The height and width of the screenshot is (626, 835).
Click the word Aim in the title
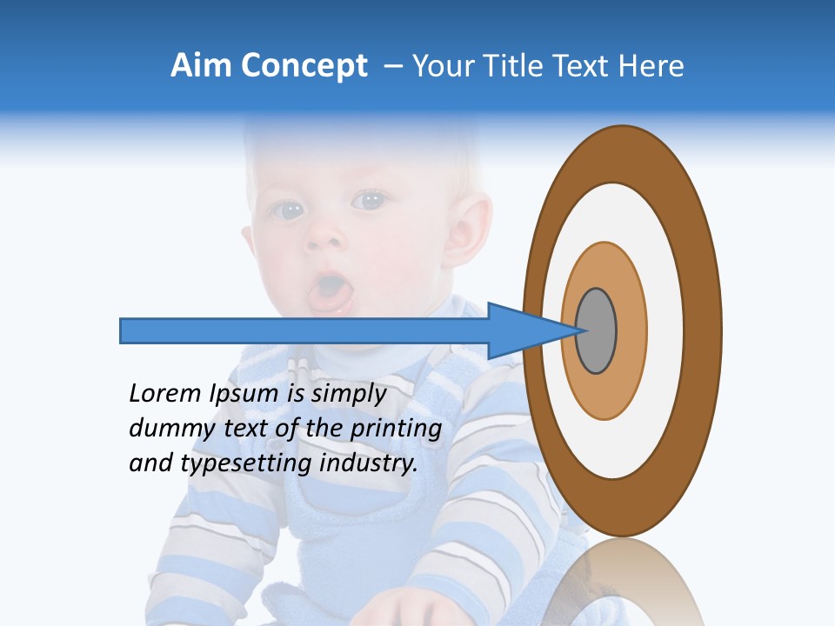point(201,66)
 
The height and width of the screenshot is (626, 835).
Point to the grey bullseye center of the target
point(597,330)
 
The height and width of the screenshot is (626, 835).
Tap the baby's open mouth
point(329,290)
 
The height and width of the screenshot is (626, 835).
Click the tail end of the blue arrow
point(123,330)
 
